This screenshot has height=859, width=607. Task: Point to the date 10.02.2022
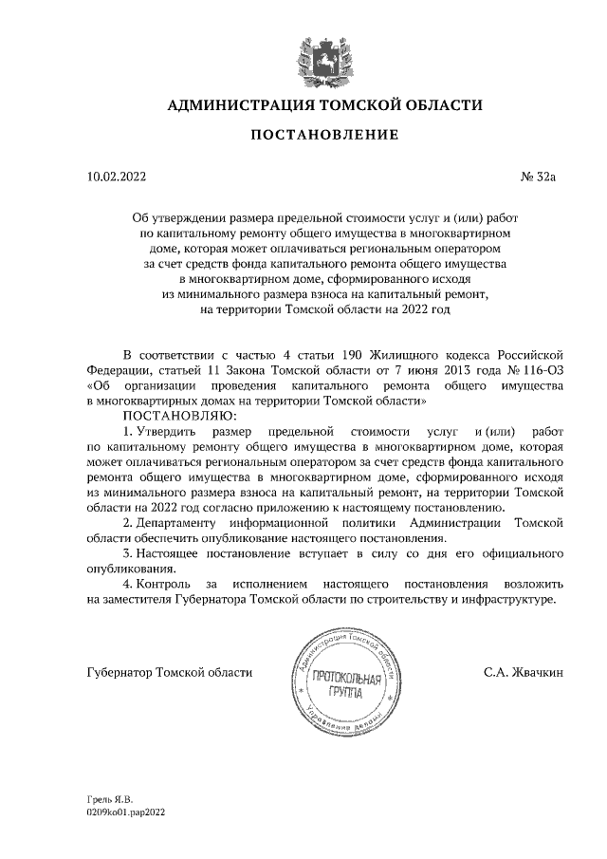point(117,176)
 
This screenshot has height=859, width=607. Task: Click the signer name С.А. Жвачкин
point(524,672)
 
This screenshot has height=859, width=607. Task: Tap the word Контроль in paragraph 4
point(170,584)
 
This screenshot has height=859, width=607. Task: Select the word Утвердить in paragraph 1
point(171,431)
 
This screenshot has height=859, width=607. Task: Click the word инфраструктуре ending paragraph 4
point(506,600)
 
